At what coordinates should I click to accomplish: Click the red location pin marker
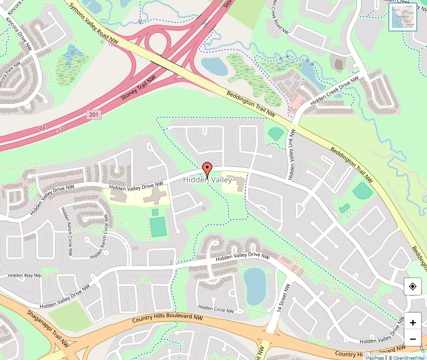(207, 169)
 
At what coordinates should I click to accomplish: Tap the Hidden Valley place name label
(207, 180)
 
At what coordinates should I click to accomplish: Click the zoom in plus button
(413, 323)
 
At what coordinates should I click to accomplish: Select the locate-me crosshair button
(413, 287)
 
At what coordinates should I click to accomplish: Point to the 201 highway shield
(94, 114)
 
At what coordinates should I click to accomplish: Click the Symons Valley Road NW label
(94, 23)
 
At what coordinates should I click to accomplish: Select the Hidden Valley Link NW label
(291, 154)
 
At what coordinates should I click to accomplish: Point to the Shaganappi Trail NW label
(48, 328)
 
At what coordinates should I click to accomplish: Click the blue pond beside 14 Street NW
(255, 285)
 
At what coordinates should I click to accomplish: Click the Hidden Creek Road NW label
(279, 16)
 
